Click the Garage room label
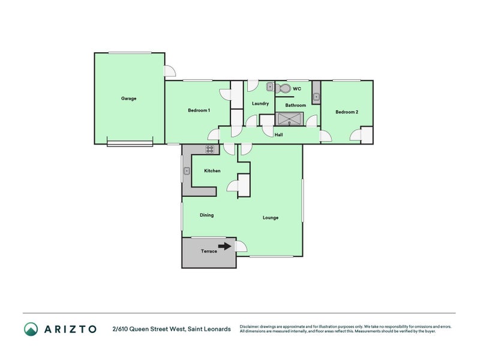pos(128,98)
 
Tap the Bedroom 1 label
pos(199,110)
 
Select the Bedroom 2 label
pos(347,112)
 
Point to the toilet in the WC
pos(283,88)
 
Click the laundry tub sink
pos(270,87)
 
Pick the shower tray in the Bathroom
pos(289,119)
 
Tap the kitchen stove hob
pos(209,149)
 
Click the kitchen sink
pos(187,171)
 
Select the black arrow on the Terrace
pos(224,246)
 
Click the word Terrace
pos(209,251)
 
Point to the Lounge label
pos(271,218)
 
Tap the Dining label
pos(206,215)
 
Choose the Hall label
pos(278,134)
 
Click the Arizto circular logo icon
pos(31,329)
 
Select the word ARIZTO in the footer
pos(70,329)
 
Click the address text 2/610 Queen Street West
pos(149,329)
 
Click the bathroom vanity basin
pos(316,97)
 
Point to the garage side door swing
pos(170,71)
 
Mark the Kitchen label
pos(212,171)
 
